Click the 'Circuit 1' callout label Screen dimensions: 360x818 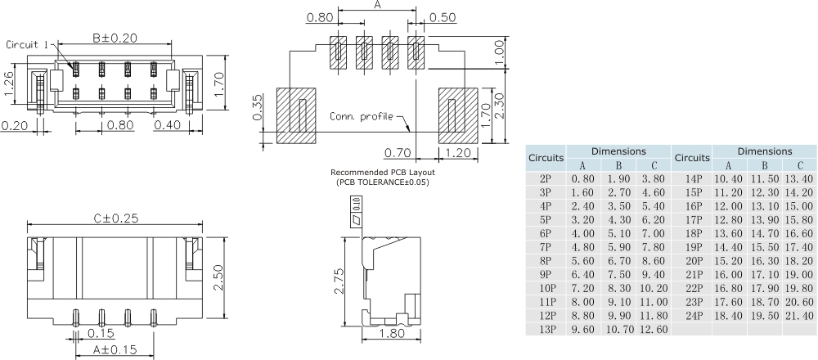coord(30,45)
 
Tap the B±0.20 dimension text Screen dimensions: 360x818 coord(114,38)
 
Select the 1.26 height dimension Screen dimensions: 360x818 coord(9,84)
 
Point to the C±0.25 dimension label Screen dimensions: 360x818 coord(115,218)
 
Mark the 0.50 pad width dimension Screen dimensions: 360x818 coord(443,17)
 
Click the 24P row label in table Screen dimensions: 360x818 coord(694,314)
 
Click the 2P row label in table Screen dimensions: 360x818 coord(545,178)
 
